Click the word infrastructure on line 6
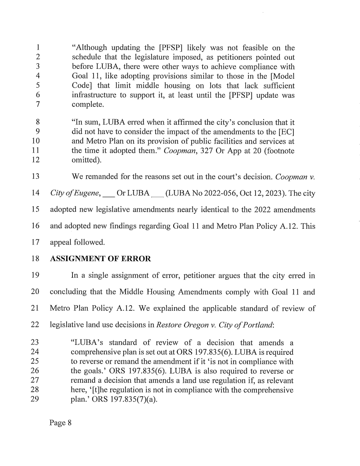[x=96, y=95]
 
